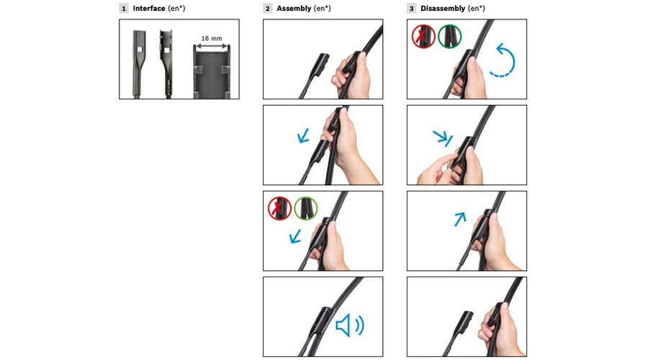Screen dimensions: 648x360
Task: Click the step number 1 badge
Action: [x=124, y=8]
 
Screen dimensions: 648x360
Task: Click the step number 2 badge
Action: [x=267, y=8]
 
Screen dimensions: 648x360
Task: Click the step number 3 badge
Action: [x=411, y=8]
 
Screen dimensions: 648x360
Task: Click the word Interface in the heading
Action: [x=149, y=8]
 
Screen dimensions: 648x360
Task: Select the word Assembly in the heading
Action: [x=294, y=8]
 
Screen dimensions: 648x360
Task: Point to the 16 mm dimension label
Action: [x=212, y=38]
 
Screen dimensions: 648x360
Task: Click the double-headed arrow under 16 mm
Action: [x=212, y=46]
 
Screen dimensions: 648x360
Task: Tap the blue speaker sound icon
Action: [x=350, y=325]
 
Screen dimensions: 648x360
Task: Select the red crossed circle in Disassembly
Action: [x=423, y=37]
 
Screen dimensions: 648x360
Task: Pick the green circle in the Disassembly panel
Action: [x=449, y=37]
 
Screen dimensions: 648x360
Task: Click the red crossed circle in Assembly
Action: [x=279, y=208]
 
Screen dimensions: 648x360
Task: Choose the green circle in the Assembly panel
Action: [x=306, y=208]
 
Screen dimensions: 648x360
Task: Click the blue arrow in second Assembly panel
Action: [x=303, y=136]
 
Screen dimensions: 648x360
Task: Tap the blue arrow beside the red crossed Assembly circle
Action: [x=295, y=237]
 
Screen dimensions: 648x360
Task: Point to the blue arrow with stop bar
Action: [x=443, y=138]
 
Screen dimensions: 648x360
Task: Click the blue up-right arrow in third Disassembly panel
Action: [x=460, y=219]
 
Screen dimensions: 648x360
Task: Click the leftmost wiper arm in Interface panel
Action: [x=138, y=63]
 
